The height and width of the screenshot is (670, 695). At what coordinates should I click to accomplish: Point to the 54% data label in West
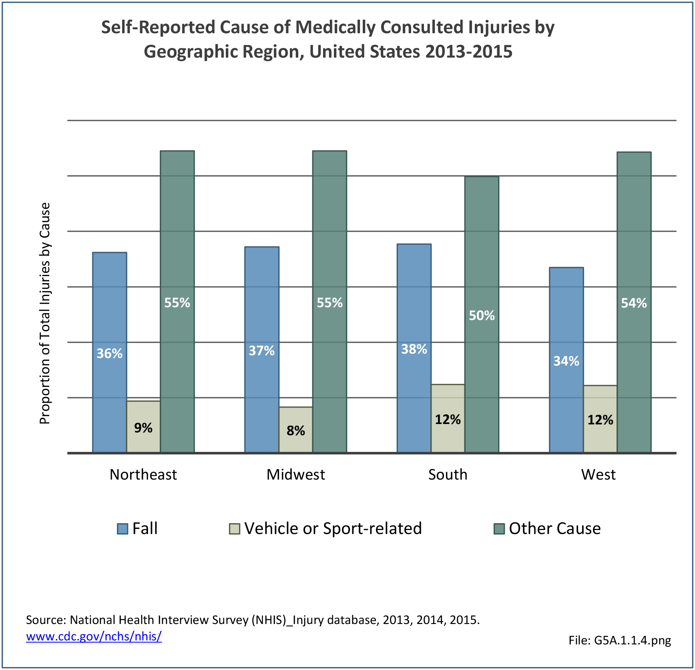(634, 303)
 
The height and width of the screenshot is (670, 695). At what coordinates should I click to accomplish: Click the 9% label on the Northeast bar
(143, 428)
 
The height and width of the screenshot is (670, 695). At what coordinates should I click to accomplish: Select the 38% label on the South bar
(414, 349)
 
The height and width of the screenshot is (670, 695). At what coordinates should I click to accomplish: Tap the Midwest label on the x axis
(295, 474)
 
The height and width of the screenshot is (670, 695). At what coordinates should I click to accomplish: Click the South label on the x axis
(448, 474)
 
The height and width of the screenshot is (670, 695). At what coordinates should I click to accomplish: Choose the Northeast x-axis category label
(143, 474)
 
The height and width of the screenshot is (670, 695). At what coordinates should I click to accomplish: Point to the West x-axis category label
(598, 474)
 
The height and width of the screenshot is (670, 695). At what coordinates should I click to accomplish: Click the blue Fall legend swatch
(123, 529)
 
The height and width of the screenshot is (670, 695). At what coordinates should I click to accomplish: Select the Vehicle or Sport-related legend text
(333, 528)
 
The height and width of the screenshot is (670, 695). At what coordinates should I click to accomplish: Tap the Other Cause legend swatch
(499, 529)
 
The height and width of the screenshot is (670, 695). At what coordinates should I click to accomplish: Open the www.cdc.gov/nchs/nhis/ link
(94, 636)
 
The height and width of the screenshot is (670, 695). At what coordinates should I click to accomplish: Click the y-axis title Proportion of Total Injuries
(45, 313)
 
